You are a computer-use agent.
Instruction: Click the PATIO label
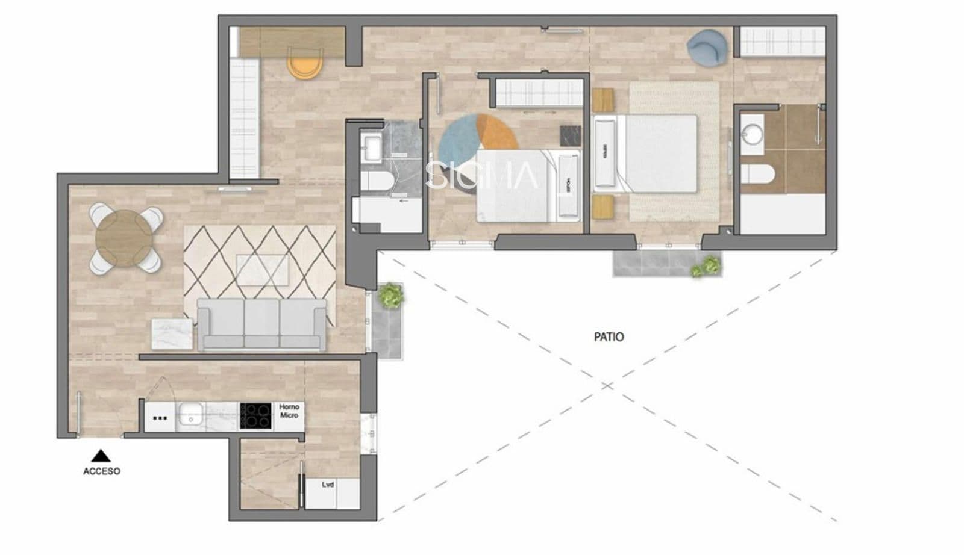coord(609,336)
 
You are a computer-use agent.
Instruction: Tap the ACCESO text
coord(101,471)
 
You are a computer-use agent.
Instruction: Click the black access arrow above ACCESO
coord(101,456)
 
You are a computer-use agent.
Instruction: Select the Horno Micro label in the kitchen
coord(289,411)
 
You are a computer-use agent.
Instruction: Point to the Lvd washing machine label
coord(327,485)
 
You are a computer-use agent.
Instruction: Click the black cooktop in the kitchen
coord(256,415)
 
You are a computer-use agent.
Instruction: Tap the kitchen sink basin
coord(191,415)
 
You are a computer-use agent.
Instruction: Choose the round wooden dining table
coord(126,238)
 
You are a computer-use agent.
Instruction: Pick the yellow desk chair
coord(305,63)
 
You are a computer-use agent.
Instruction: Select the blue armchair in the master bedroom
coord(707,47)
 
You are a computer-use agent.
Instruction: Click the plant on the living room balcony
coord(390,295)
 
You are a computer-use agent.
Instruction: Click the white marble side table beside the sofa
coord(172,333)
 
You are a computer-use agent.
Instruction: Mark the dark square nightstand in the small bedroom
coord(570,135)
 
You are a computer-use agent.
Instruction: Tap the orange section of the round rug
coord(498,132)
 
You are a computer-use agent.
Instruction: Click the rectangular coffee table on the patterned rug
coord(262,269)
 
